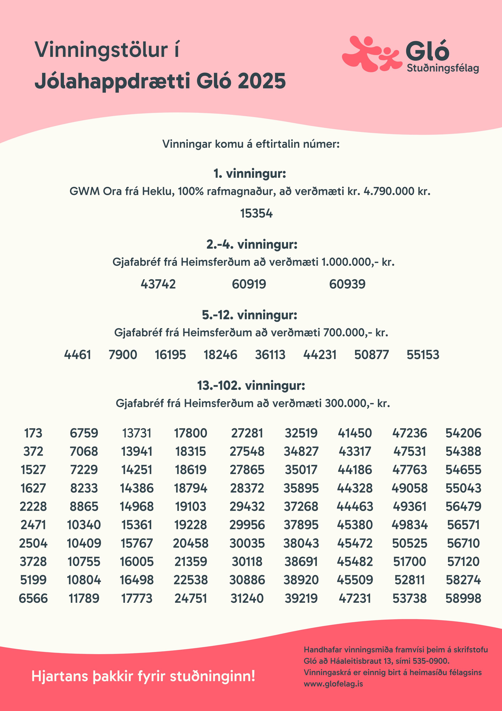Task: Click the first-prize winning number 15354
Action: tap(256, 213)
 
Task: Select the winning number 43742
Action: tap(158, 284)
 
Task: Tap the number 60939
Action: tap(347, 284)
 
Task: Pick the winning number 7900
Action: tap(123, 355)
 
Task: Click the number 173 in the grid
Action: tap(33, 433)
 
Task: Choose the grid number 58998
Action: tap(463, 598)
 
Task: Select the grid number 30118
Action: tap(247, 562)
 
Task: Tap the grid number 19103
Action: tap(190, 506)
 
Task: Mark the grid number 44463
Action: tap(355, 506)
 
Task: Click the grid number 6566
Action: tap(33, 598)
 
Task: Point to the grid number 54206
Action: tap(463, 433)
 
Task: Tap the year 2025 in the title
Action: tap(262, 81)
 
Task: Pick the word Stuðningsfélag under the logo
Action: tap(443, 68)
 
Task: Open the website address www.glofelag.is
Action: tap(333, 684)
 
